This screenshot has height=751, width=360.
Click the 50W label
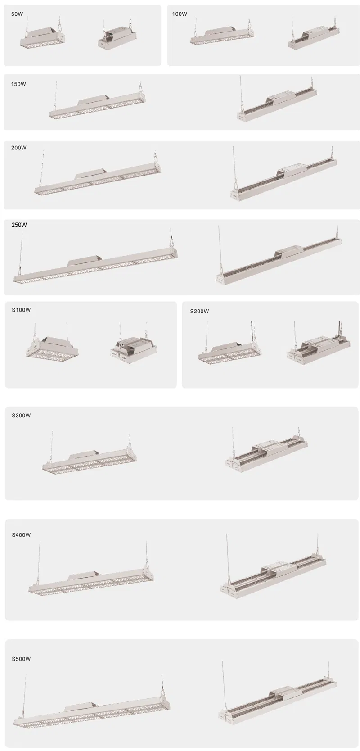[18, 14]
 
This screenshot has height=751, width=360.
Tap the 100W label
[180, 14]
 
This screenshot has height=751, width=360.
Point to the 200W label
[19, 148]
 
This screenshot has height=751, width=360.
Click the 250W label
[19, 225]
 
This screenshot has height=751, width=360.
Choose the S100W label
[21, 310]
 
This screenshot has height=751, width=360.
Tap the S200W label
[199, 311]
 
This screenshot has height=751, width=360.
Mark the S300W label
[21, 416]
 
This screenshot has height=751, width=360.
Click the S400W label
[21, 535]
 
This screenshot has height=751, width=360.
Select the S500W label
[21, 659]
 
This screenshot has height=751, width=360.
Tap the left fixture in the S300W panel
[89, 459]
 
